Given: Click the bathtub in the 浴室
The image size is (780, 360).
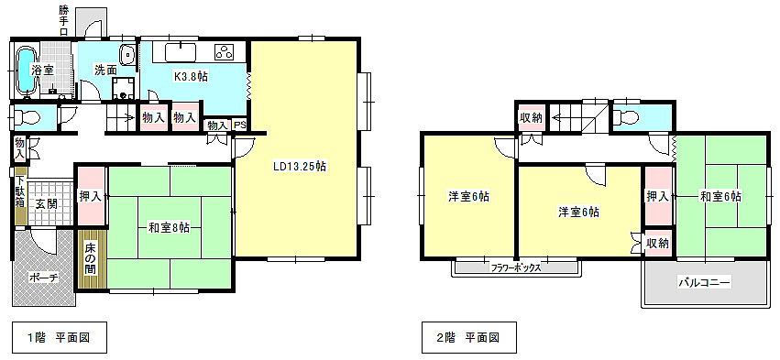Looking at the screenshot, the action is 26,71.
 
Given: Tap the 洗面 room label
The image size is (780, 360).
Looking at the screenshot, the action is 106,71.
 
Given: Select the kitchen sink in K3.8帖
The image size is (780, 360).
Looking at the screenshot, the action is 179,52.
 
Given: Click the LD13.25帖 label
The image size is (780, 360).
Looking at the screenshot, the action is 300,166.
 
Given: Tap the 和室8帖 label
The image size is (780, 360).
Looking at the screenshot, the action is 170,229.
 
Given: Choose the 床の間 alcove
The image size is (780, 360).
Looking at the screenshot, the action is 92,260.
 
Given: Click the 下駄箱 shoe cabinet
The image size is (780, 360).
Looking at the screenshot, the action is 20,199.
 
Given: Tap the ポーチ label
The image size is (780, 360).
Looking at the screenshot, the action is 44,278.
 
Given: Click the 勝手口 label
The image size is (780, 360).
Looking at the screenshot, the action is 63,20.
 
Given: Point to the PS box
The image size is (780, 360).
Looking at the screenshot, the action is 240,125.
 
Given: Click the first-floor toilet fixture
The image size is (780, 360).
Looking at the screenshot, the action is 27,118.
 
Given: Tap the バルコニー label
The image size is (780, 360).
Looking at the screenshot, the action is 703,283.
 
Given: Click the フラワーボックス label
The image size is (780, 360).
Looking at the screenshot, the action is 516,267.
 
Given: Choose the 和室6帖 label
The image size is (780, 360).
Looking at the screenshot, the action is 720,197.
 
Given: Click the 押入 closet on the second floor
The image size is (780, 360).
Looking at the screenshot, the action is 657,196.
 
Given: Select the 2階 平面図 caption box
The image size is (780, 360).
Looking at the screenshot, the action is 469,338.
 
